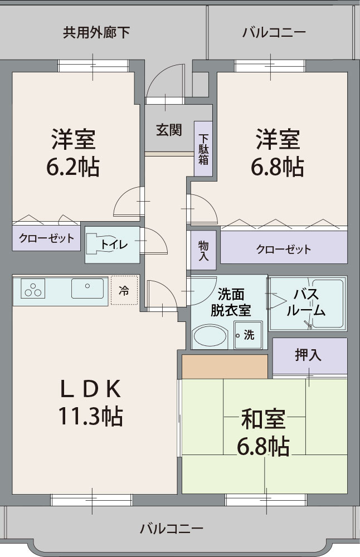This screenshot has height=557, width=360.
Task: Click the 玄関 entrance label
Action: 169,130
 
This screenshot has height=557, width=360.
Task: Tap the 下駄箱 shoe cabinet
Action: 203,149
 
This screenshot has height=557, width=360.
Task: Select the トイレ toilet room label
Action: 114,245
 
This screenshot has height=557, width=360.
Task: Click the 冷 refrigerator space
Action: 123,290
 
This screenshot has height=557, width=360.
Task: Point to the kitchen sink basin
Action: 87,289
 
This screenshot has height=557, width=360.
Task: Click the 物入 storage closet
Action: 203,251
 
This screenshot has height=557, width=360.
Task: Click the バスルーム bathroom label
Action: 306,302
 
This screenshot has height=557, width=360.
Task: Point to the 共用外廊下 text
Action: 96,32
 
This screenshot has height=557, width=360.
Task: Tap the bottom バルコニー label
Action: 172,527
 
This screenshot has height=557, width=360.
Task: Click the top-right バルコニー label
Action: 274,32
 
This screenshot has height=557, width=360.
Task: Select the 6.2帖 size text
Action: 73,166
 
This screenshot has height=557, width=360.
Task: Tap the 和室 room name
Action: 264,419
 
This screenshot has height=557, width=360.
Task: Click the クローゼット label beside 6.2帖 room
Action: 46,239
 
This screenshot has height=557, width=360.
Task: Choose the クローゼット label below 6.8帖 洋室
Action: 284,249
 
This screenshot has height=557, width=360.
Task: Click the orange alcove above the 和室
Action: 225,367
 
